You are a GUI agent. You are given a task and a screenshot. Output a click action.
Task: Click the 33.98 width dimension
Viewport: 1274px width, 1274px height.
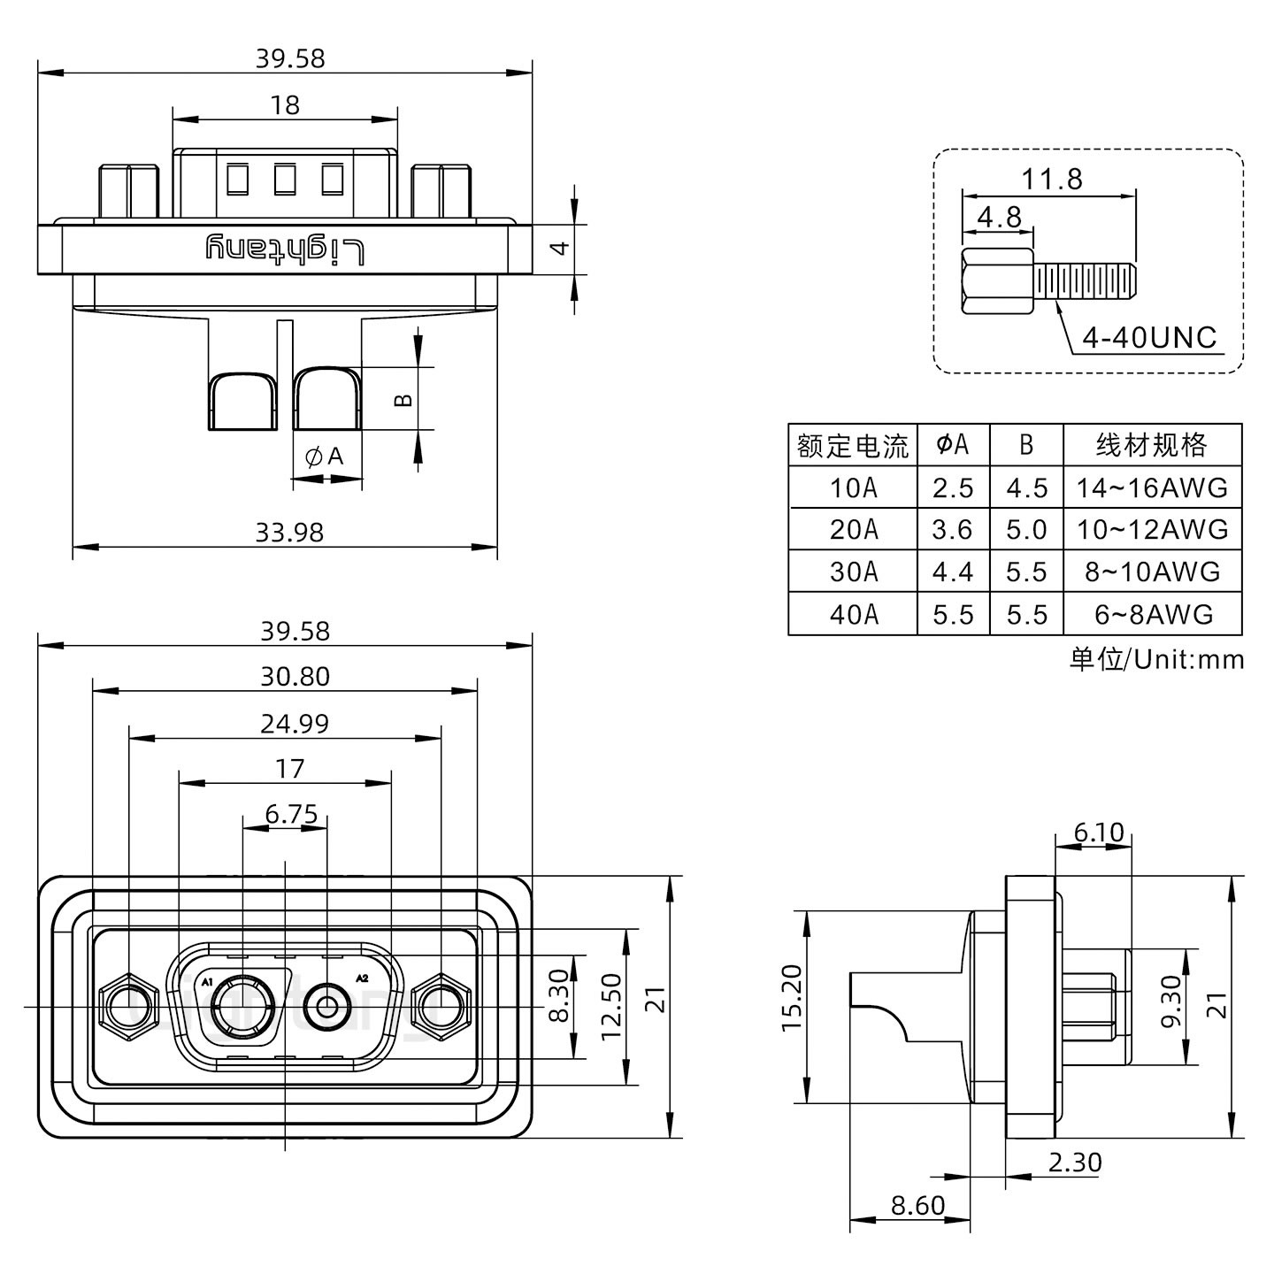coord(289,533)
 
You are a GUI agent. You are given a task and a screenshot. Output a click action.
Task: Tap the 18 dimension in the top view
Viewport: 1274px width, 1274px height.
coord(285,105)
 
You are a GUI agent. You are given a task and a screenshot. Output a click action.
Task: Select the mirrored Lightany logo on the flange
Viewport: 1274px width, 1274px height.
coord(285,249)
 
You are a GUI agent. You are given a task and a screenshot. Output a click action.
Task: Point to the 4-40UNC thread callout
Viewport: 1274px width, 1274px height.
coord(1149,337)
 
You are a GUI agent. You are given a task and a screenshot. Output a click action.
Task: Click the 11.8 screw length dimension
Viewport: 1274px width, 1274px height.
coord(1051,180)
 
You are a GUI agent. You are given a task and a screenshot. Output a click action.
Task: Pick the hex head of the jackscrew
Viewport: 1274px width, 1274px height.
coord(996,282)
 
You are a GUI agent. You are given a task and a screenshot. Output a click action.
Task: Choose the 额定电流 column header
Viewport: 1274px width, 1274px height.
coord(852,445)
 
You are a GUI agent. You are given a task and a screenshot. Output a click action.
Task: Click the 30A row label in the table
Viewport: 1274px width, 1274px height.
coord(853,572)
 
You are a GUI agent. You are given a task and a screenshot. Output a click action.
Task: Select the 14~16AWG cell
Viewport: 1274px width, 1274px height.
coord(1152,487)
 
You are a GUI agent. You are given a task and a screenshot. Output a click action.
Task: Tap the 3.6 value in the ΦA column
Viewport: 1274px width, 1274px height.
coord(952,530)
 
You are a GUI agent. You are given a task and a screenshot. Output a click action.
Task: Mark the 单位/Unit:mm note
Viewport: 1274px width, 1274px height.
coord(1156,659)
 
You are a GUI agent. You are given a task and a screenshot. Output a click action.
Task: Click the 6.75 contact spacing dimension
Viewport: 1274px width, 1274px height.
coord(291,813)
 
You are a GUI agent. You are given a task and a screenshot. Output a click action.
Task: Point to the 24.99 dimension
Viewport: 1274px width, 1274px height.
coord(294,724)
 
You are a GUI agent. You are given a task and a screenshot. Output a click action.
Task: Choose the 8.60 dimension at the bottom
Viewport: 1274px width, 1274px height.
coord(917,1205)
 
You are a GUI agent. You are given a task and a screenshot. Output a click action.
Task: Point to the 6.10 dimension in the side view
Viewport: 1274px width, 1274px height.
coord(1098,833)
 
